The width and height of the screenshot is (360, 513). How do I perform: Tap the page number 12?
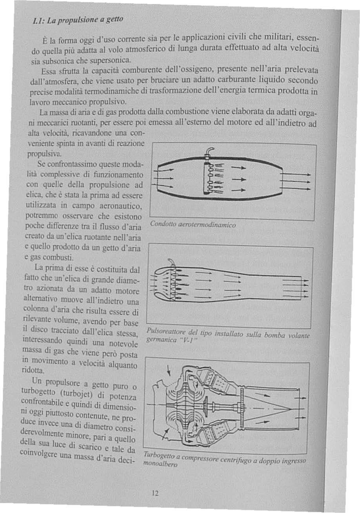155,493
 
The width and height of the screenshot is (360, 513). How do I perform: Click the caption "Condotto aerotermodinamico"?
193,225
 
